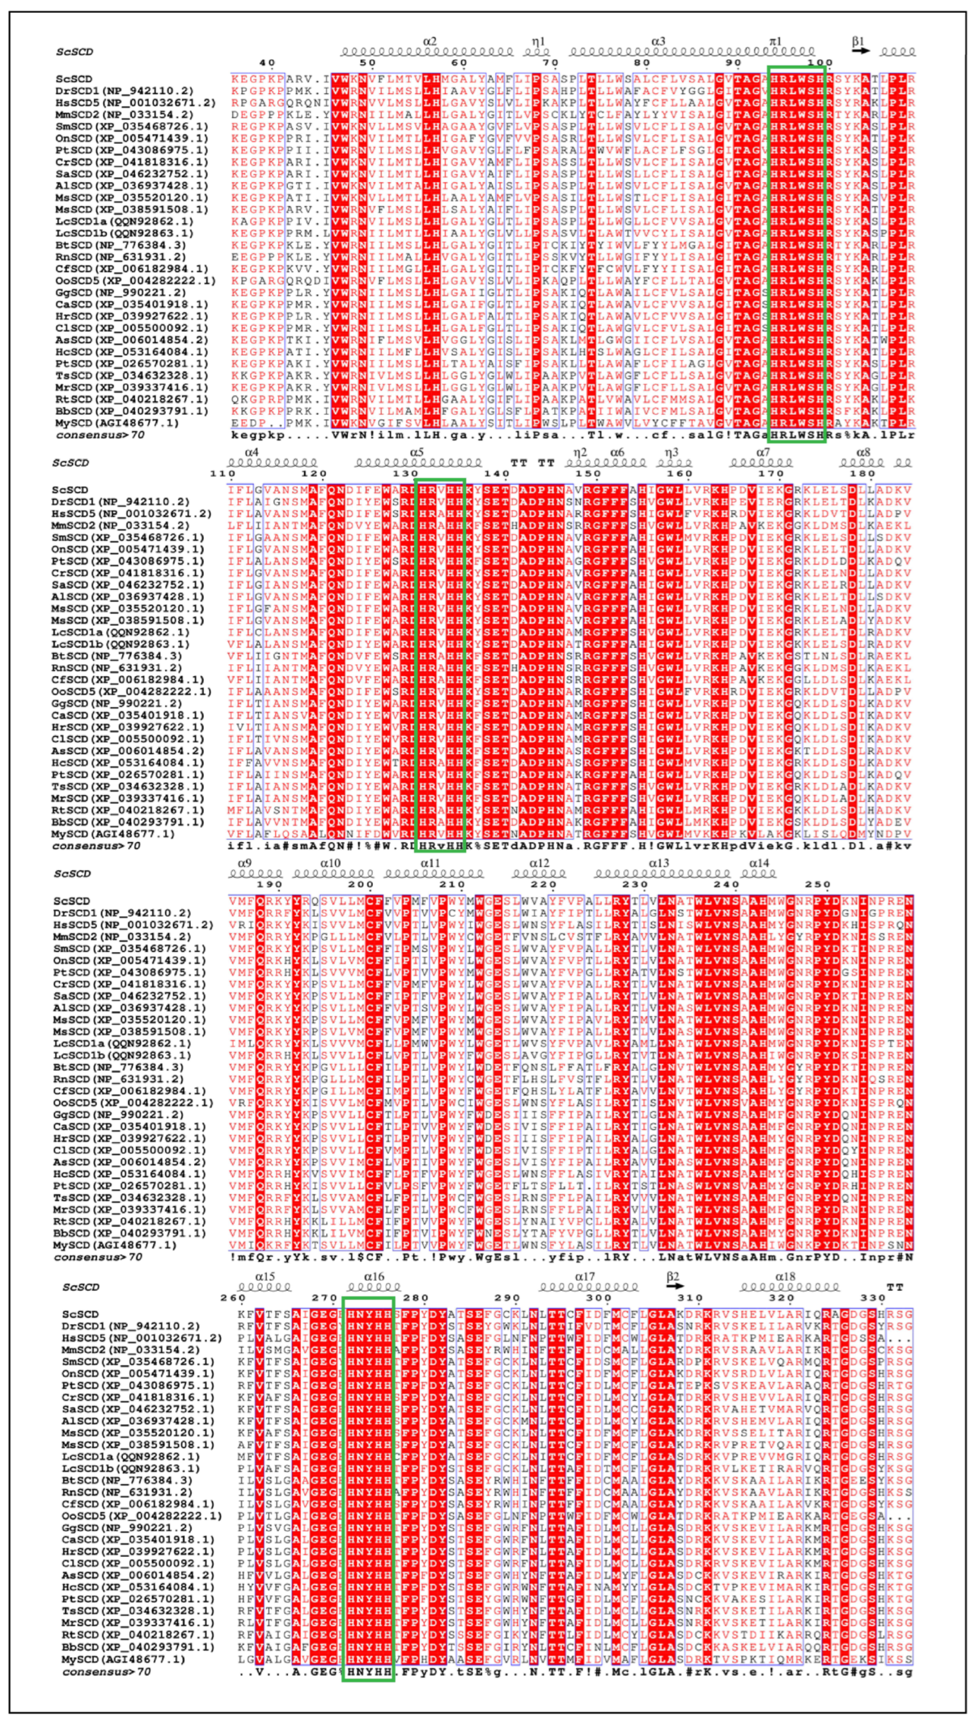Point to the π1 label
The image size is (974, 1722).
click(775, 41)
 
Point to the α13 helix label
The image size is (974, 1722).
click(658, 863)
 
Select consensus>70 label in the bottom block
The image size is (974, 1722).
click(106, 1672)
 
